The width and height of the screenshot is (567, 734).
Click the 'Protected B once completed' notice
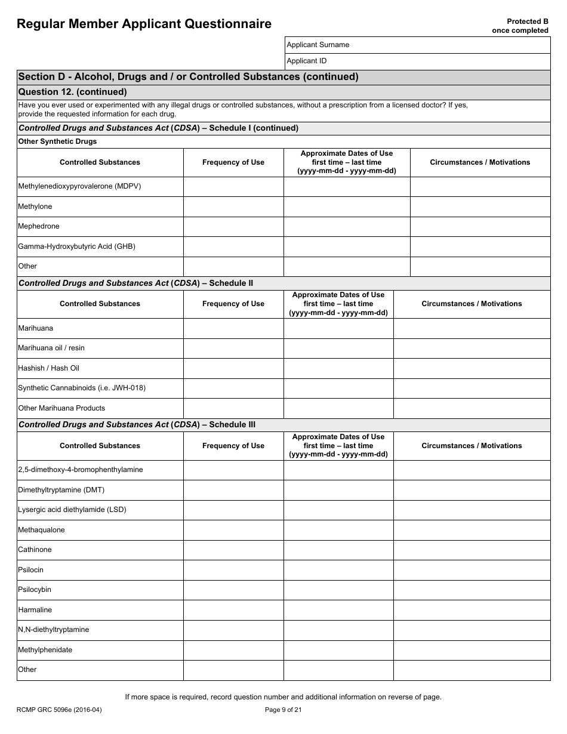coord(519,26)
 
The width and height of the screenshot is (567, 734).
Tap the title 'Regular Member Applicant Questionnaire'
coord(144,24)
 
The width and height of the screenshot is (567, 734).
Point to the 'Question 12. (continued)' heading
coord(73,92)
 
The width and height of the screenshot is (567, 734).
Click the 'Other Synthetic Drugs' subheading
coord(57,141)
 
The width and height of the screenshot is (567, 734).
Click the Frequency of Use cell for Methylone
coord(233,206)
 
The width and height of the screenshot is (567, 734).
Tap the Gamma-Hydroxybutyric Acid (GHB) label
coord(76,246)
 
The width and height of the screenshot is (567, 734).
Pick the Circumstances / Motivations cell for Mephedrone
coord(480,226)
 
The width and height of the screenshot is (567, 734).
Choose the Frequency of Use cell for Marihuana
coord(233,328)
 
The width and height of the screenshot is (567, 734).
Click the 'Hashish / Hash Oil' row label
coord(48,368)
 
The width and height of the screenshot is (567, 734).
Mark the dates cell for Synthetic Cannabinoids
coord(338,388)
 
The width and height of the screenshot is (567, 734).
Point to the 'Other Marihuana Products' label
coord(61,408)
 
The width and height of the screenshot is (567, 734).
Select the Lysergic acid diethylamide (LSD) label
coord(72,510)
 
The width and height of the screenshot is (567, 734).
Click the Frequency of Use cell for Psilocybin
coord(233,590)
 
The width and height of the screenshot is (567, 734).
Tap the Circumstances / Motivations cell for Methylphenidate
coord(472,650)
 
